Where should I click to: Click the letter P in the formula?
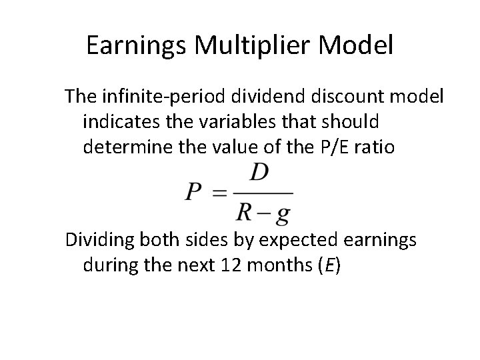(194, 193)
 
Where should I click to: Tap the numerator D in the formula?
(259, 173)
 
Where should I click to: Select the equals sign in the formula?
(220, 193)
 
